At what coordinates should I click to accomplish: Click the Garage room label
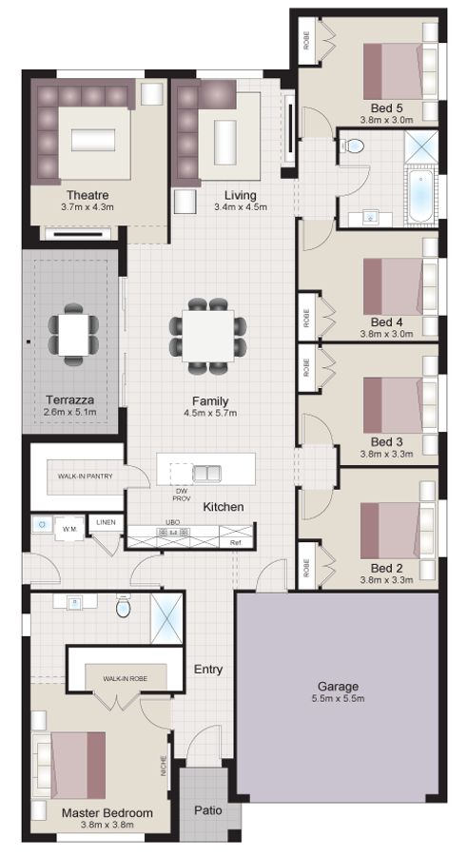click(338, 685)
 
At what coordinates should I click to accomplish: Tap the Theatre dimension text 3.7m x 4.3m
click(88, 206)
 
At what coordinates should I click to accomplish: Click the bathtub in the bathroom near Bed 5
click(420, 194)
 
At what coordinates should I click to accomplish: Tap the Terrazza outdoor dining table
click(72, 334)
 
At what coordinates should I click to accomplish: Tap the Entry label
click(208, 670)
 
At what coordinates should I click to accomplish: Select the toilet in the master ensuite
click(123, 607)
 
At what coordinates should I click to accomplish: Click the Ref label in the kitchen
click(236, 542)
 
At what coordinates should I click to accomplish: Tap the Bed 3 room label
click(387, 441)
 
